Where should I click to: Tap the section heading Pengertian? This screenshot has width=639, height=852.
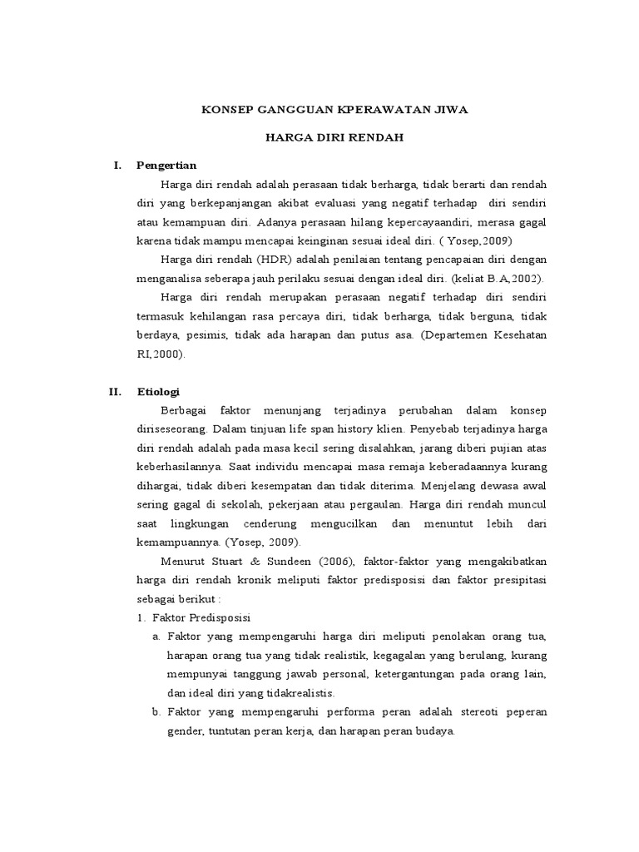166,165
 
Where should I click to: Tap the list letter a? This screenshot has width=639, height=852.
156,637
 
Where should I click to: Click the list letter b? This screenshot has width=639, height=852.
156,712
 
